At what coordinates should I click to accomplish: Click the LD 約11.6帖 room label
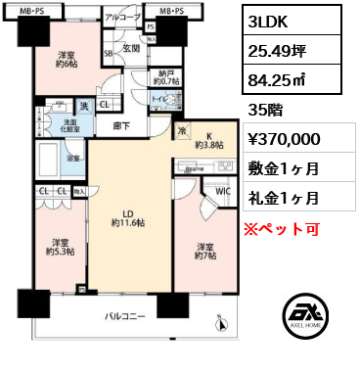(x=126, y=220)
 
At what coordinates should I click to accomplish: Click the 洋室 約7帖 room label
(x=205, y=251)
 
